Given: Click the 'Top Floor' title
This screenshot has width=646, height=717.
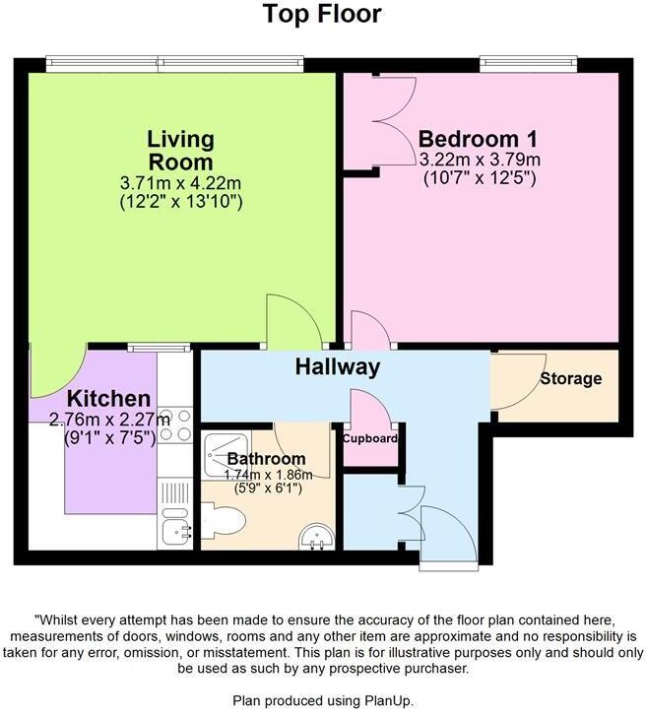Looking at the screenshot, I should click(322, 15).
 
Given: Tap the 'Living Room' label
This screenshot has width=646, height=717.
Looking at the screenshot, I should click(180, 150).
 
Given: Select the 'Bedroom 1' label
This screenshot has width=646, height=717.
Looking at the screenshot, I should click(468, 138).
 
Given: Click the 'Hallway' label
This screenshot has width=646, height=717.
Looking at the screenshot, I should click(338, 367).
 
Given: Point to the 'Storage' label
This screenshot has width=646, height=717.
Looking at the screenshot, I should click(570, 378).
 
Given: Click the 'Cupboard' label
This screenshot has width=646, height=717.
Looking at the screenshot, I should click(370, 438).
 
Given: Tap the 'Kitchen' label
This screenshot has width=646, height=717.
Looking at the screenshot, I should click(109, 399).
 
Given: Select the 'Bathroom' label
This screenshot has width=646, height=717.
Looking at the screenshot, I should click(266, 459).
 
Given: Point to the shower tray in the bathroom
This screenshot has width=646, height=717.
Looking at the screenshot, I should click(226, 451).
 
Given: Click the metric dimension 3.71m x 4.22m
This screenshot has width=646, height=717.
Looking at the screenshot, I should click(180, 182).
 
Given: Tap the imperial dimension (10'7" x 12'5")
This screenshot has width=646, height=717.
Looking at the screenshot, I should click(480, 178).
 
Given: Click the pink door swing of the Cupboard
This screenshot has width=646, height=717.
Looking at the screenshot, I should click(369, 409).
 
